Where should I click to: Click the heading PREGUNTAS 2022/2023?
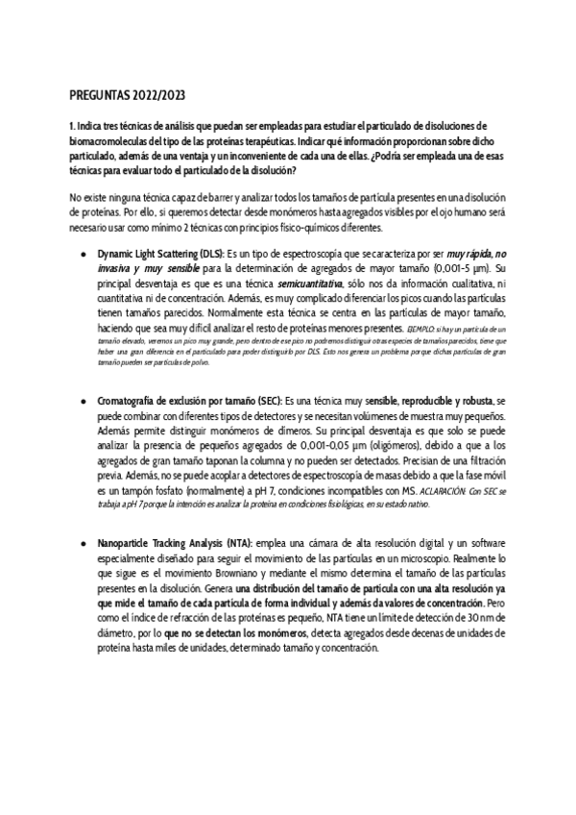[129, 97]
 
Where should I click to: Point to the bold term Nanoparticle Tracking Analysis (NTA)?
[174, 544]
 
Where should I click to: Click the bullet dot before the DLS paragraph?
[84, 253]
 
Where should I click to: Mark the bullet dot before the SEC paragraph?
[84, 398]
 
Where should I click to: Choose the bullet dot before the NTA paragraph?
[84, 544]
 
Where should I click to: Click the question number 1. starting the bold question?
[74, 126]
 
